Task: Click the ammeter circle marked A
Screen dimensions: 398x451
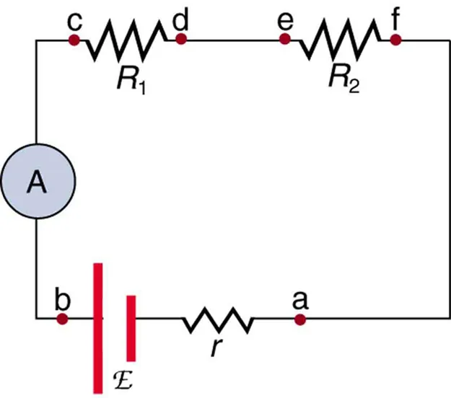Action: click(x=35, y=185)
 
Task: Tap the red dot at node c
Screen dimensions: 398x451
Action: click(x=73, y=40)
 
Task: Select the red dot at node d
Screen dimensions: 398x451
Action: click(x=180, y=40)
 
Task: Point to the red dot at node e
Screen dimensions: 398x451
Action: click(x=286, y=40)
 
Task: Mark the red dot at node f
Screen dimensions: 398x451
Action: click(x=395, y=40)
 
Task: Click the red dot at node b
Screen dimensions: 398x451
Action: click(x=63, y=318)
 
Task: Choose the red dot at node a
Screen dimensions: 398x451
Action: click(x=299, y=318)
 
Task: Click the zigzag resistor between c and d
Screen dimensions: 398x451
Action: click(x=126, y=40)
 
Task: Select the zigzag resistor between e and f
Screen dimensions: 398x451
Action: click(x=340, y=40)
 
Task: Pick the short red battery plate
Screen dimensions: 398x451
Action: click(x=131, y=327)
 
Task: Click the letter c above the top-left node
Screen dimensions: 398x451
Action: click(x=73, y=19)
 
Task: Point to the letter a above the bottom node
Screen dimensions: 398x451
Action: click(x=297, y=296)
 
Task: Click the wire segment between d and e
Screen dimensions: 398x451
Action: click(x=233, y=40)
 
